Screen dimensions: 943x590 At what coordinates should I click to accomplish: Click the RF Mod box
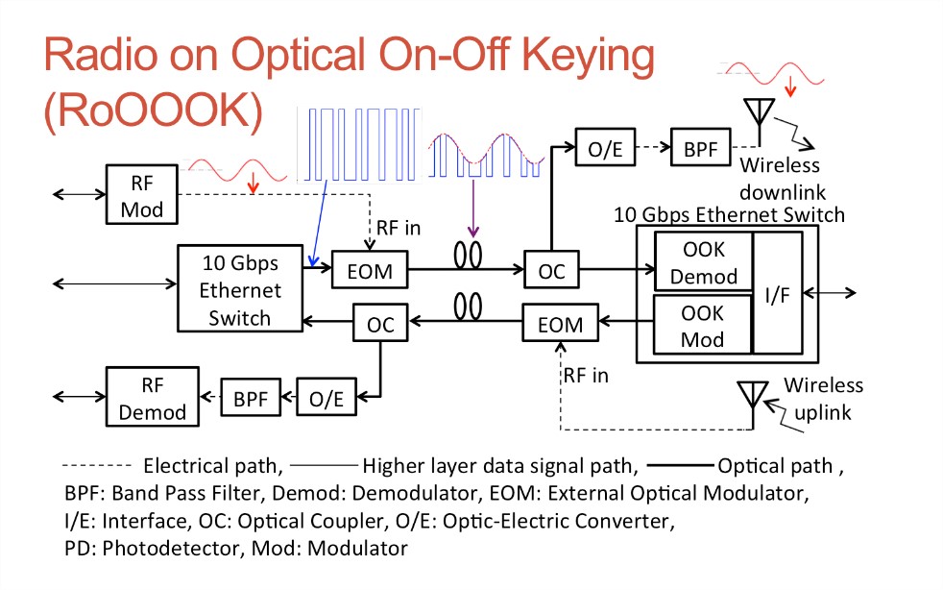(x=142, y=194)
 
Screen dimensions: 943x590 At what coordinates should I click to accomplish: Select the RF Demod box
(x=152, y=397)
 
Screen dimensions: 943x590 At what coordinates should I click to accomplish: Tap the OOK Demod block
(x=704, y=262)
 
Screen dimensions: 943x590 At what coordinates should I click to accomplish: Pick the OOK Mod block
(x=702, y=325)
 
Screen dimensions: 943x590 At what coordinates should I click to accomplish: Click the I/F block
(x=778, y=293)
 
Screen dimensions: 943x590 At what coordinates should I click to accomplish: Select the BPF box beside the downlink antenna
(x=701, y=148)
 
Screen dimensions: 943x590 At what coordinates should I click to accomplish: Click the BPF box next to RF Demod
(x=251, y=398)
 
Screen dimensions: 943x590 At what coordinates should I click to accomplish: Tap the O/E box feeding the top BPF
(x=605, y=147)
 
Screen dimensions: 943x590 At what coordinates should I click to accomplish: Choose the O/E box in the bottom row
(x=326, y=398)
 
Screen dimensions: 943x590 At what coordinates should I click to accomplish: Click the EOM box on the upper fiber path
(x=370, y=270)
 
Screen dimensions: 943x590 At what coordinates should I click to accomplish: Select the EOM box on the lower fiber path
(x=561, y=323)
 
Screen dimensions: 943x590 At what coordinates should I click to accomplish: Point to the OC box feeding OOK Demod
(x=551, y=269)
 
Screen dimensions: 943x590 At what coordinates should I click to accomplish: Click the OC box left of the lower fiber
(x=380, y=323)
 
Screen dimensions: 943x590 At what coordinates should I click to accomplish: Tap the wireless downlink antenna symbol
(x=759, y=120)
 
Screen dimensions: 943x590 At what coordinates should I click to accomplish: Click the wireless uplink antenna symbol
(x=753, y=404)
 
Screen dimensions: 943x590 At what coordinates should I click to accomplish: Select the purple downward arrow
(x=473, y=209)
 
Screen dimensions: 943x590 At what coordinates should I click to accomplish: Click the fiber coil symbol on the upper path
(x=468, y=255)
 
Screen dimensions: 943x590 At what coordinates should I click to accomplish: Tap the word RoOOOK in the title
(x=154, y=111)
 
